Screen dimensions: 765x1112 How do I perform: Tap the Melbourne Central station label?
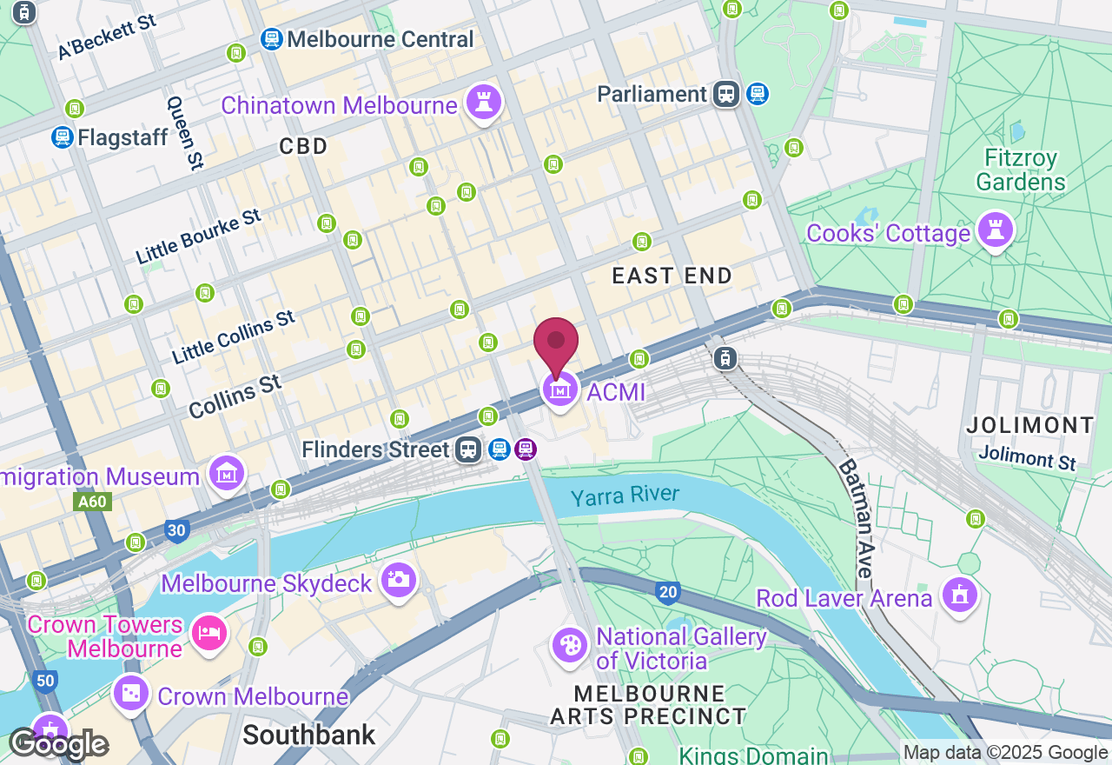[x=380, y=39]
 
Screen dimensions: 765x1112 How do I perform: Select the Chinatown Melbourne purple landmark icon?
[x=485, y=103]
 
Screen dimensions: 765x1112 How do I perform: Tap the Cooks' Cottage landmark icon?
[x=996, y=230]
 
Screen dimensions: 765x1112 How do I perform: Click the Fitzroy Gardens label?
[x=1021, y=170]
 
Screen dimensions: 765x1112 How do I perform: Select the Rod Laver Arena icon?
[x=959, y=595]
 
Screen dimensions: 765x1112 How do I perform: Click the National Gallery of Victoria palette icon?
[x=570, y=647]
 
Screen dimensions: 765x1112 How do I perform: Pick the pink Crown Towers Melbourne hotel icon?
[x=209, y=632]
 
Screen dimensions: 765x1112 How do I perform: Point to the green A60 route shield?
[x=91, y=502]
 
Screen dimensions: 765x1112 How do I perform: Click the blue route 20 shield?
[x=667, y=593]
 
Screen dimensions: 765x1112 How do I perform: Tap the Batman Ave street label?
[x=854, y=519]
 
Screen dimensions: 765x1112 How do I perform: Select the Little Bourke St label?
[x=199, y=236]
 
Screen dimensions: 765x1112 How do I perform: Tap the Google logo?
[x=58, y=744]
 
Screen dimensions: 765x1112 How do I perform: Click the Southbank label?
[x=309, y=735]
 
